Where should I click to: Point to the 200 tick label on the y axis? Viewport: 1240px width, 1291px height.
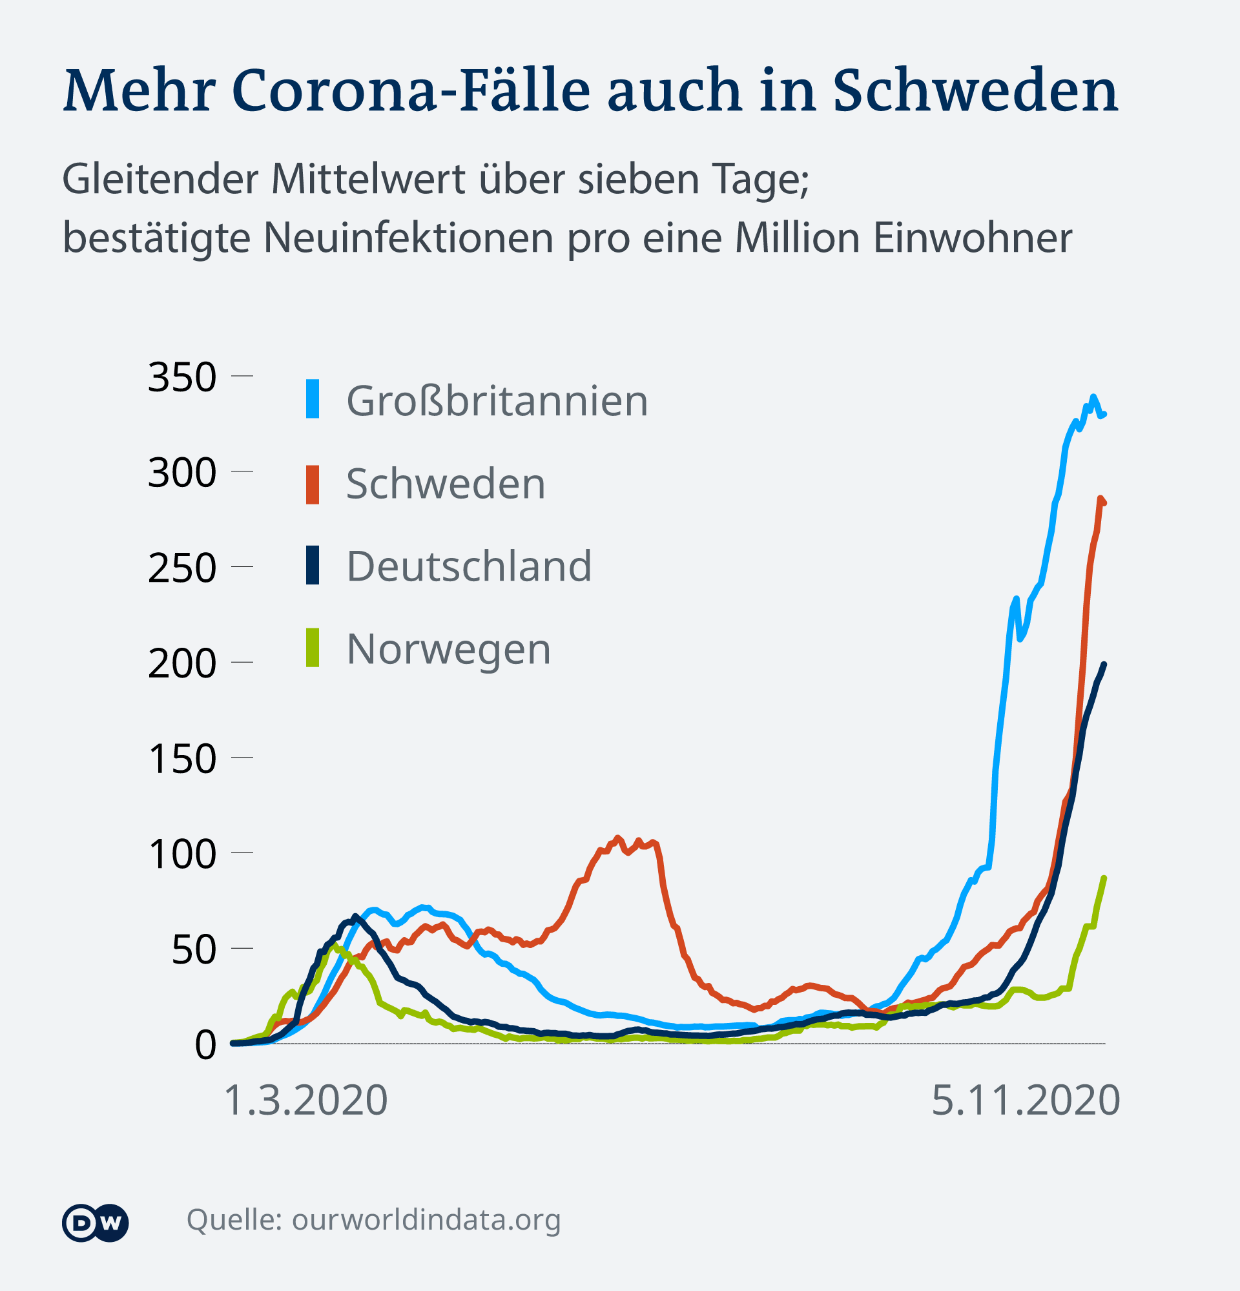[x=181, y=664]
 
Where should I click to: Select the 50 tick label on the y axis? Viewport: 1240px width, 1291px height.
[x=194, y=950]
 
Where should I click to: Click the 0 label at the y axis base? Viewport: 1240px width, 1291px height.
[x=205, y=1046]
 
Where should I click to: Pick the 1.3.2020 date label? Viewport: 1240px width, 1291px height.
[x=305, y=1100]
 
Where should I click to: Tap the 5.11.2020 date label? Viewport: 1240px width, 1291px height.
[x=1026, y=1100]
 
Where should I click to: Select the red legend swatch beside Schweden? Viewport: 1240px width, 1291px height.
[x=313, y=485]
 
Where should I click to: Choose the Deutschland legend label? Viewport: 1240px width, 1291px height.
[x=469, y=566]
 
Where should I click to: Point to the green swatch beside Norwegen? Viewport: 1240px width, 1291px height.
[x=313, y=648]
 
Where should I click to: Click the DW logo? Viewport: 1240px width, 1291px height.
[x=96, y=1223]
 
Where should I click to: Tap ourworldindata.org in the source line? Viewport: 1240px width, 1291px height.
[x=426, y=1220]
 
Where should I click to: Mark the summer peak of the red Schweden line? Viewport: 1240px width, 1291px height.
[x=617, y=838]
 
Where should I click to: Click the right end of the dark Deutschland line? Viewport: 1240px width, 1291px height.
[x=1104, y=665]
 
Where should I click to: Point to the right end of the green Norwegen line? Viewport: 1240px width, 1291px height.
[x=1104, y=878]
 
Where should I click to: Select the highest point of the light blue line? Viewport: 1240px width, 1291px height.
[x=1093, y=397]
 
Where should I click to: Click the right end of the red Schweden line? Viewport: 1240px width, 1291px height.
[x=1104, y=503]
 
